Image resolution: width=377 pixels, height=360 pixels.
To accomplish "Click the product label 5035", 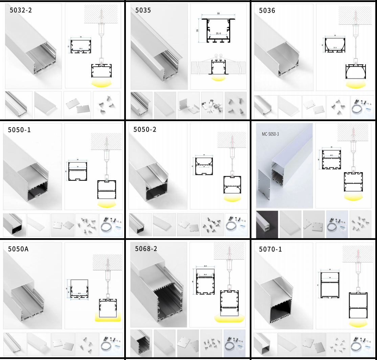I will click(x=143, y=10).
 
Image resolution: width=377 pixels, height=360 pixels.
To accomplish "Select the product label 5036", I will click(x=267, y=10).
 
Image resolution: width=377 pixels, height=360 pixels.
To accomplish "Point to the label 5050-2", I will click(x=145, y=129).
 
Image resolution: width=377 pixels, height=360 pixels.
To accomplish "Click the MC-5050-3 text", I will click(x=270, y=134).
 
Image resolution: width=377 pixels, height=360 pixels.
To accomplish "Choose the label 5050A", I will click(x=18, y=249).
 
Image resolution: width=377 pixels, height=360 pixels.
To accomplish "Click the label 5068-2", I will click(x=146, y=249).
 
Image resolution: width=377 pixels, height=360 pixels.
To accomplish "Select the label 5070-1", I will click(x=270, y=249).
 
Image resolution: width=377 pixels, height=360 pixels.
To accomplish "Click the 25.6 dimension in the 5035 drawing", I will click(x=218, y=34).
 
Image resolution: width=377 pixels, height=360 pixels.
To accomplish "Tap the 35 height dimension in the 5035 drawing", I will click(x=198, y=30).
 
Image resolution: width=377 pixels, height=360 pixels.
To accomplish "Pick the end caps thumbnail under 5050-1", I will click(x=63, y=225).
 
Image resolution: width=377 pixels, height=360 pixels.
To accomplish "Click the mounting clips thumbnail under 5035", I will click(x=212, y=105).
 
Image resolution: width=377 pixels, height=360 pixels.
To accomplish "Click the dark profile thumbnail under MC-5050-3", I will click(x=267, y=225).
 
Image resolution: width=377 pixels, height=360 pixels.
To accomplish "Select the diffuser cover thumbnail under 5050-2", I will click(x=164, y=225).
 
